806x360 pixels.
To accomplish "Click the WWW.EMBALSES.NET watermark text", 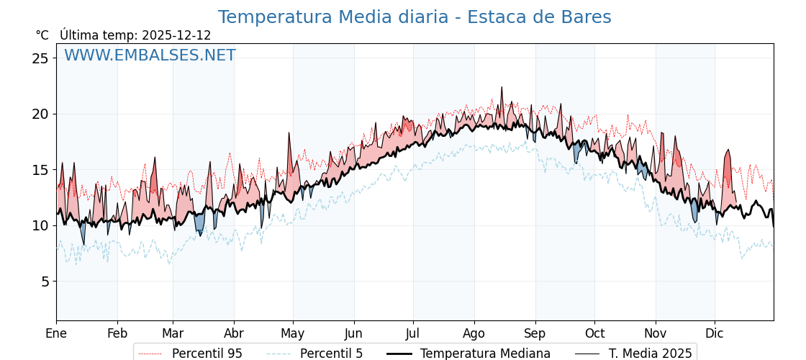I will click(x=150, y=55).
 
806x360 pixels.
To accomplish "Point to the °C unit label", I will click(x=42, y=35).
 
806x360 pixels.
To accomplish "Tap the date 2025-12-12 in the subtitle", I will click(x=176, y=35).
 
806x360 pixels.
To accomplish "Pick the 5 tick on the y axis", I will click(x=45, y=282).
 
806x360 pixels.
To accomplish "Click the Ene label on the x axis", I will click(x=56, y=333).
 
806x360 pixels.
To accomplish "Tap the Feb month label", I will click(x=117, y=333).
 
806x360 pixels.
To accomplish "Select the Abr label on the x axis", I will click(x=234, y=333).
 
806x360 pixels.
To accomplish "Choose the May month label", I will click(x=293, y=333).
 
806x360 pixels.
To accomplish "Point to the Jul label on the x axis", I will click(x=413, y=333).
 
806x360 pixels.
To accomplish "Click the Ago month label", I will click(x=474, y=333).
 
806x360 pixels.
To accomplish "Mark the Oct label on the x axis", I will click(x=594, y=333).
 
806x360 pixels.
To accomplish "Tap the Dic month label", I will click(x=715, y=333).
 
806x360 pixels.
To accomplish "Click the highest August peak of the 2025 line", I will click(x=502, y=87).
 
